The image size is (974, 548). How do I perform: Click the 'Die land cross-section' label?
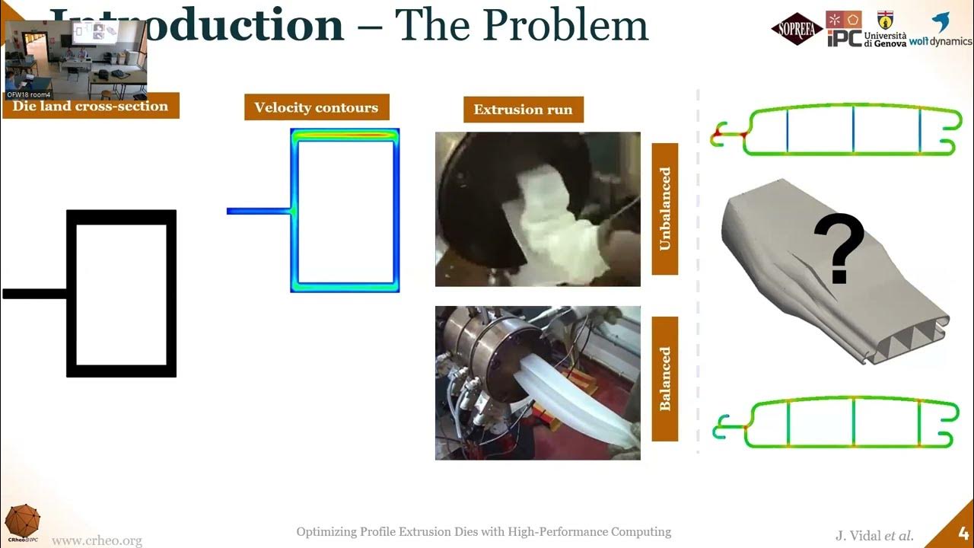coord(91,106)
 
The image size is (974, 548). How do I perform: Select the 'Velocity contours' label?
coord(316,107)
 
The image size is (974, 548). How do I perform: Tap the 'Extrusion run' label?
coord(524,110)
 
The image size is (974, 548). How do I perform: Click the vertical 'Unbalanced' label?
coord(665,209)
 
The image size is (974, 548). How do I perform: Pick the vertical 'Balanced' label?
coord(665,378)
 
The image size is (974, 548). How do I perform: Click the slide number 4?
coord(963,533)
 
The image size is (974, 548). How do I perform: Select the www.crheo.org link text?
coord(97,540)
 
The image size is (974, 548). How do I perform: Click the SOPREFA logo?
coord(797,29)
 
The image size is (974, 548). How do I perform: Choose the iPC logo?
coord(844,29)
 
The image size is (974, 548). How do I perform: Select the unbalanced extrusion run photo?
coord(537,209)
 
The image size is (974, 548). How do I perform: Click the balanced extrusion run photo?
coord(537,383)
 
